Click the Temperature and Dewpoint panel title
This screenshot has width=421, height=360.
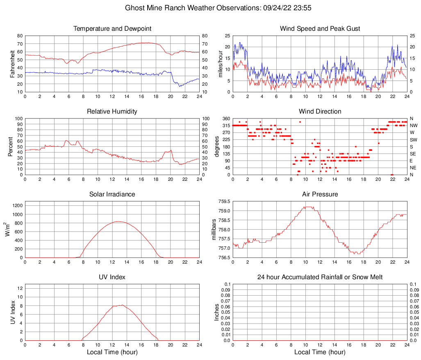[112, 29]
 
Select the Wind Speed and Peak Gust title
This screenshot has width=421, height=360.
[320, 29]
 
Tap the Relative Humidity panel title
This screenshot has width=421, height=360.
[112, 112]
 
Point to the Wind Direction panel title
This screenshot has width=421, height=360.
[320, 112]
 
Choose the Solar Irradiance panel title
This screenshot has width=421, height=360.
[112, 194]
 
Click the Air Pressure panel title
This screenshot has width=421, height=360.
[320, 194]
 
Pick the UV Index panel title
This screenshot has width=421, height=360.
[112, 277]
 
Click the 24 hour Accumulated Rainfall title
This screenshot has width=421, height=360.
[320, 277]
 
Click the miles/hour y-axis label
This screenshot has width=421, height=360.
[221, 64]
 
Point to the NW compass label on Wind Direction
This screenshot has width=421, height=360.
[414, 125]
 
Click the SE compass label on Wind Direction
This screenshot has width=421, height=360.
[413, 154]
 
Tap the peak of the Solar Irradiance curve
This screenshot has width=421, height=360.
[118, 221]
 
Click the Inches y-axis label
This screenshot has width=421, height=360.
[217, 312]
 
